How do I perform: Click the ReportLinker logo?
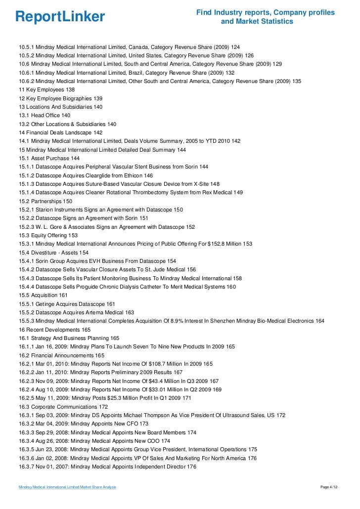pos(60,17)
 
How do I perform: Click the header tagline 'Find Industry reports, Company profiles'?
pos(266,12)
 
